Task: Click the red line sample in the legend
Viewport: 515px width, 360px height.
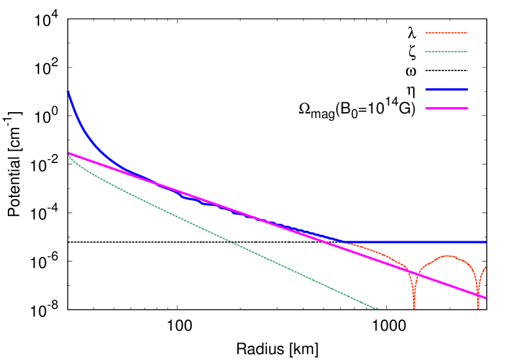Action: pyautogui.click(x=446, y=33)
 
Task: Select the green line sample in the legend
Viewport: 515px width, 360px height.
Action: pyautogui.click(x=446, y=52)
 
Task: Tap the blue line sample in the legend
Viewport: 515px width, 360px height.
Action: pyautogui.click(x=446, y=89)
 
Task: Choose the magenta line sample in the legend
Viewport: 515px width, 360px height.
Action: pyautogui.click(x=446, y=108)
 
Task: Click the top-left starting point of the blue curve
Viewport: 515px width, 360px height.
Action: pyautogui.click(x=67, y=92)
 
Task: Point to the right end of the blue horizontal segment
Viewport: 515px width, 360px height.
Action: pyautogui.click(x=486, y=242)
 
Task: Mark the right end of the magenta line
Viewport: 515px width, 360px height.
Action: pyautogui.click(x=486, y=297)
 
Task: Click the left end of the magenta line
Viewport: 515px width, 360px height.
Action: pyautogui.click(x=69, y=153)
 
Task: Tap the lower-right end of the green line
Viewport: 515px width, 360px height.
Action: pyautogui.click(x=377, y=308)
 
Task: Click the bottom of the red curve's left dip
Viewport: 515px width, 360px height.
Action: pyautogui.click(x=413, y=307)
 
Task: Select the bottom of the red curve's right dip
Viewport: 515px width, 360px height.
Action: pyautogui.click(x=478, y=307)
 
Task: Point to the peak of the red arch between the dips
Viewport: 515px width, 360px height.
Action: pyautogui.click(x=447, y=256)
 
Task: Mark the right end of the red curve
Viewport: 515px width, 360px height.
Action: pyautogui.click(x=486, y=267)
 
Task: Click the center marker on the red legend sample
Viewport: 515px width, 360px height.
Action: pyautogui.click(x=445, y=33)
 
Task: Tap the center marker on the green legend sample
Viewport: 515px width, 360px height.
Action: pyautogui.click(x=445, y=52)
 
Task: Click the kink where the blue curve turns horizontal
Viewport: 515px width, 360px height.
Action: pyautogui.click(x=345, y=242)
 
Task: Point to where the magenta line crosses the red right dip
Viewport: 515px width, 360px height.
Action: pyautogui.click(x=478, y=294)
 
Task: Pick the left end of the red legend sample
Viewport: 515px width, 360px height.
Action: pyautogui.click(x=426, y=33)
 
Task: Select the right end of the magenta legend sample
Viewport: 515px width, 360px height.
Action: pyautogui.click(x=467, y=108)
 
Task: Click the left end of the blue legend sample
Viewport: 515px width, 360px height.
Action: pyautogui.click(x=426, y=89)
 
